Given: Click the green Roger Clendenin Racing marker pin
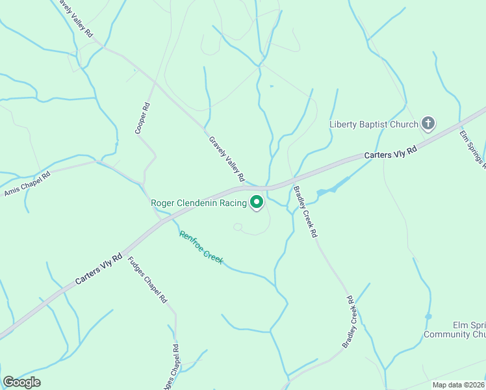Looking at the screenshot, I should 257,203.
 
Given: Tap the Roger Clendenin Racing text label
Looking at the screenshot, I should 199,203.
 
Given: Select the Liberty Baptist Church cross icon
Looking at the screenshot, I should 428,123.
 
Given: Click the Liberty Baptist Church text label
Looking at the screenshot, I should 374,124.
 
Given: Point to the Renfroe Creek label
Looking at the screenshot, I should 201,248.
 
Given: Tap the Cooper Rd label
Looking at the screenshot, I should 142,118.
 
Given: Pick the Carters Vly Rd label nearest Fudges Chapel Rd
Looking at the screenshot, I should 99,268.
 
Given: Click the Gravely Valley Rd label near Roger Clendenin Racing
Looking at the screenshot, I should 226,159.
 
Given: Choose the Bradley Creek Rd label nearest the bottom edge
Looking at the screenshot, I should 350,321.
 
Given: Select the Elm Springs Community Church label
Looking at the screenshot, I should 455,330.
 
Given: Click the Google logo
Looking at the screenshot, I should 21,382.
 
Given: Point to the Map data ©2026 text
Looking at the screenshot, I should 458,385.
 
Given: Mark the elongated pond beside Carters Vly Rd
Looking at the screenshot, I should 333,187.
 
